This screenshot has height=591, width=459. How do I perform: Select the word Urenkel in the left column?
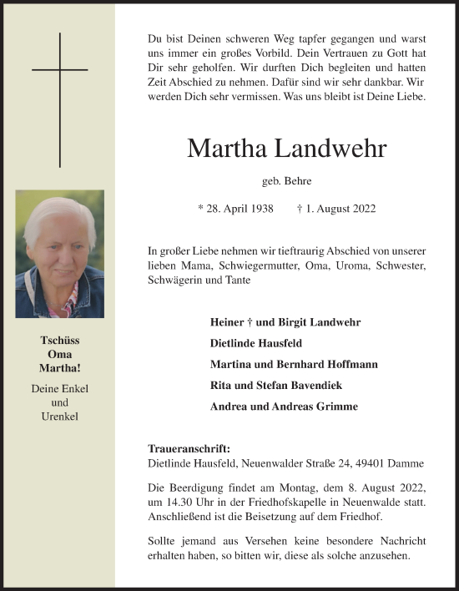59,415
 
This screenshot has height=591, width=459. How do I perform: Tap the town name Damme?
410,463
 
